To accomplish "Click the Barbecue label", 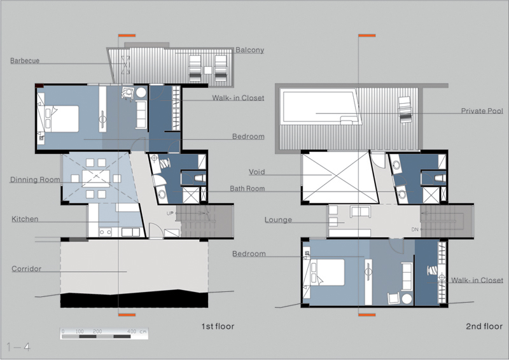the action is coord(25,60).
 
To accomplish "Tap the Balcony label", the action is coord(249,50).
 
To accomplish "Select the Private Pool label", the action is coord(482,111).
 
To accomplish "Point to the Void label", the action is coord(257,172).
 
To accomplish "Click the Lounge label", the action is coord(278,220).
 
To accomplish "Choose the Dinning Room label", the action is coord(35,180).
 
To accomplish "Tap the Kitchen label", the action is coord(25,219).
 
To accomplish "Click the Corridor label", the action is coord(27,269).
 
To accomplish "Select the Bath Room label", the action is coord(248,189).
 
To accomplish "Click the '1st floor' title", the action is coord(218,326).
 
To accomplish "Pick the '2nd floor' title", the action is coord(484,326).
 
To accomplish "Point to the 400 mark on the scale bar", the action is coord(132,331).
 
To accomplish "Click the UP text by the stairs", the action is coord(170,213).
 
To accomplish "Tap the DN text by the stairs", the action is coord(415,230).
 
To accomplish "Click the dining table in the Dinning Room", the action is coord(96,178).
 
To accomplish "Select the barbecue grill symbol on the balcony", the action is coord(125,65).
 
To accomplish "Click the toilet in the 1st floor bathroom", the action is coord(200,178).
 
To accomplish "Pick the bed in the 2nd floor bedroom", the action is coord(327,272).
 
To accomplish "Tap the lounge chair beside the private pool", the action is coord(405,110).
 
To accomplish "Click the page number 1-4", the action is coord(18,347).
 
